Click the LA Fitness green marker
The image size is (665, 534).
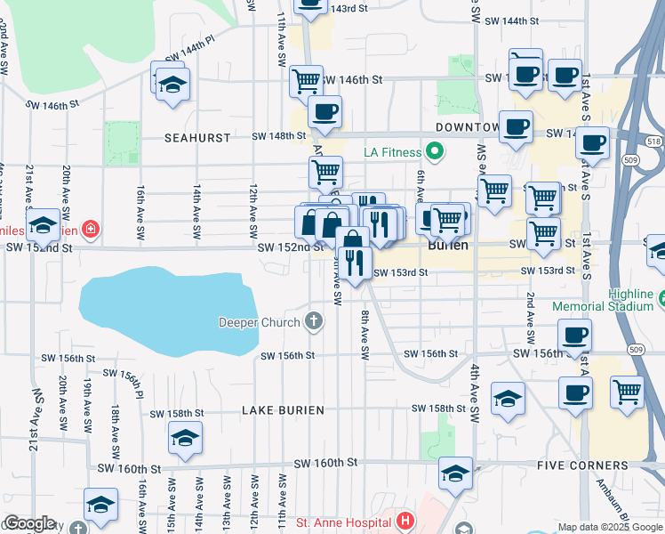pos(435,152)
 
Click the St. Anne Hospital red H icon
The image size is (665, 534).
pos(405,521)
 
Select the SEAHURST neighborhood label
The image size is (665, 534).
pos(197,138)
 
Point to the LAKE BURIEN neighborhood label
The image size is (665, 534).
pos(281,410)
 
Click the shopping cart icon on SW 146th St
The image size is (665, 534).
pos(306,81)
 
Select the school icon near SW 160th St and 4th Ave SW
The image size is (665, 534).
pos(455,473)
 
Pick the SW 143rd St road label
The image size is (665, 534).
pos(349,8)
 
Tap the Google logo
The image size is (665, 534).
pos(30,523)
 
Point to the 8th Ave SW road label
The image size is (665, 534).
pos(365,335)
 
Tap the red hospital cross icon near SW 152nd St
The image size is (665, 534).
pos(90,231)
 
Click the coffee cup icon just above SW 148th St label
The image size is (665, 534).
pos(324,112)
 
